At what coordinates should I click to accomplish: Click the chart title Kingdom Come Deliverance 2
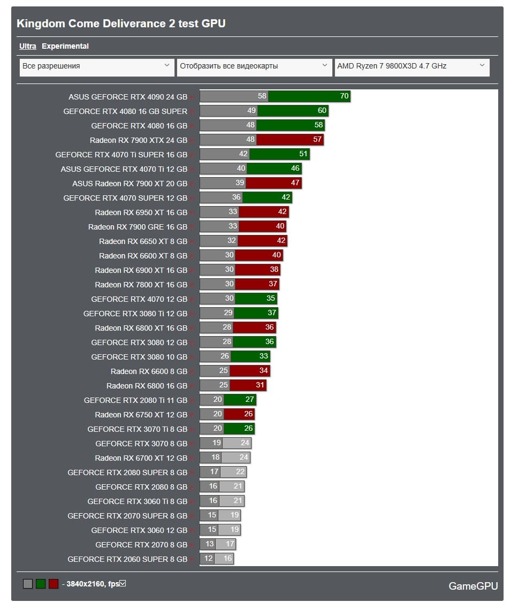pyautogui.click(x=121, y=24)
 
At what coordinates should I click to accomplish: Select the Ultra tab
pyautogui.click(x=28, y=46)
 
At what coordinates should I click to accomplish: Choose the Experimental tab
pyautogui.click(x=65, y=46)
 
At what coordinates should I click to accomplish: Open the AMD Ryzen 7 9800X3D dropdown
pyautogui.click(x=412, y=66)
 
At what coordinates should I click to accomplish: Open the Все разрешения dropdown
pyautogui.click(x=97, y=66)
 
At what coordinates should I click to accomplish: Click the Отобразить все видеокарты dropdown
pyautogui.click(x=254, y=66)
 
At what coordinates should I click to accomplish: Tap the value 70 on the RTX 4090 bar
pyautogui.click(x=344, y=96)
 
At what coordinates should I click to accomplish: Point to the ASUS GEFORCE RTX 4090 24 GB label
pyautogui.click(x=128, y=97)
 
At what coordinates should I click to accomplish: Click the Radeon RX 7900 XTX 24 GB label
pyautogui.click(x=139, y=140)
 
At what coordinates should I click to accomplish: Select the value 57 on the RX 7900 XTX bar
pyautogui.click(x=317, y=140)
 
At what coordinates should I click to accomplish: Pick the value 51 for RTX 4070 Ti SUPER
pyautogui.click(x=303, y=154)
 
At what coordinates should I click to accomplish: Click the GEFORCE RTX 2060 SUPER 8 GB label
pyautogui.click(x=127, y=559)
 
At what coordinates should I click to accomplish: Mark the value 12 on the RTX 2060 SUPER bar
pyautogui.click(x=208, y=559)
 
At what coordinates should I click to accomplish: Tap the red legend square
pyautogui.click(x=54, y=584)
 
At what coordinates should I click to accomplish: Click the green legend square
pyautogui.click(x=41, y=584)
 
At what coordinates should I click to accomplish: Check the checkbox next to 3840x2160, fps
pyautogui.click(x=123, y=583)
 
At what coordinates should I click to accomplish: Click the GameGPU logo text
pyautogui.click(x=473, y=586)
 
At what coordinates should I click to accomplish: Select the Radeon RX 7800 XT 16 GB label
pyautogui.click(x=141, y=285)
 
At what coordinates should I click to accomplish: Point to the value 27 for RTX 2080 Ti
pyautogui.click(x=249, y=400)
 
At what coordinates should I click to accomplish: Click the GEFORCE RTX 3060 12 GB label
pyautogui.click(x=139, y=530)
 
